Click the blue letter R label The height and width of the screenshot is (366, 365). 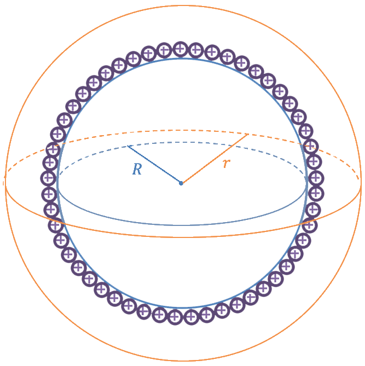137,169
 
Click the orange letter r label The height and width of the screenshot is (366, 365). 227,163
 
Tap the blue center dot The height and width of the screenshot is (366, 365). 181,183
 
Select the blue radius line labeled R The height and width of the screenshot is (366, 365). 154,165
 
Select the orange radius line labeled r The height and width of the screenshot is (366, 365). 215,159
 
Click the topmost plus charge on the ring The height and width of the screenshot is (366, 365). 180,49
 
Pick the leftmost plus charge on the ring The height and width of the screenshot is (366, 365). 48,178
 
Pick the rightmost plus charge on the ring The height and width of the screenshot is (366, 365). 316,178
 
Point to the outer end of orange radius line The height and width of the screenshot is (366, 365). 247,134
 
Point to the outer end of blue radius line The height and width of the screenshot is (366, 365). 128,146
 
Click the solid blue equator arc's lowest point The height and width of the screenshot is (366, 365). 182,225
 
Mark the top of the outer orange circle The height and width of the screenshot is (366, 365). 183,5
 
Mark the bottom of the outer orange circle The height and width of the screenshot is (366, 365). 183,361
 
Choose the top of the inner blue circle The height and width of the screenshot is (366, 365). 182,59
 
